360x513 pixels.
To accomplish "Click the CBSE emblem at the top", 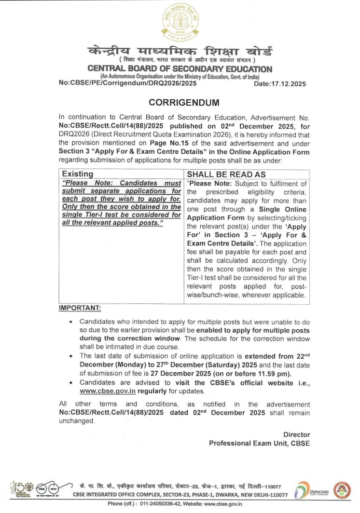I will [x=180, y=22].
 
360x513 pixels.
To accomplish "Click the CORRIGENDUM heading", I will [x=184, y=102].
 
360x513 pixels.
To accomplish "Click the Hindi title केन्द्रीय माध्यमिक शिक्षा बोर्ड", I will [x=180, y=51].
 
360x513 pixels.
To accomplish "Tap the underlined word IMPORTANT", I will [x=80, y=308].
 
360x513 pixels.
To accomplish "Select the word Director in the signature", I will [x=296, y=435].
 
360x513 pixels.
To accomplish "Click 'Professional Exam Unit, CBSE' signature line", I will [x=259, y=443].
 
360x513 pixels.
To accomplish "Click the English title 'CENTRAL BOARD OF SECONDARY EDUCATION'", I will [x=180, y=69].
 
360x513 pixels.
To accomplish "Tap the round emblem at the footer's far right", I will [x=342, y=489].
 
